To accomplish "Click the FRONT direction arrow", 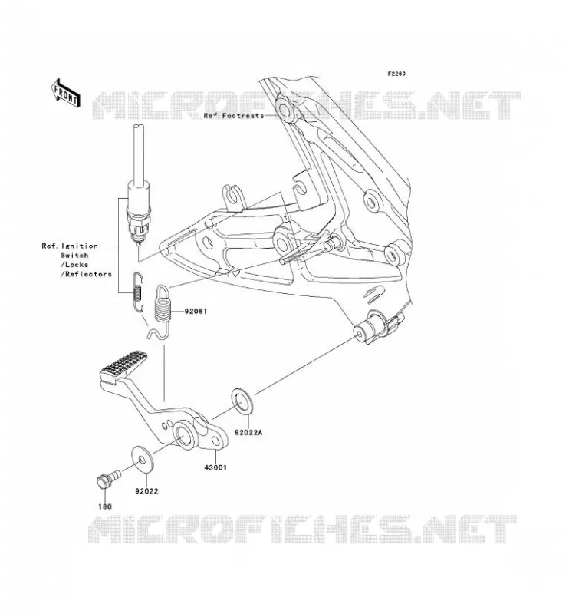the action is (65, 94).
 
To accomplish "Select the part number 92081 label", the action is (196, 312).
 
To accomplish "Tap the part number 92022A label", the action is (249, 433).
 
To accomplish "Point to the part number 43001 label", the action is (215, 467).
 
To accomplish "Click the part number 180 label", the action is (105, 507).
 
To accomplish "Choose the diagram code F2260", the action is (396, 74).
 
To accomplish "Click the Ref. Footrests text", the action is (234, 116).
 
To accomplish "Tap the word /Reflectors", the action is (86, 274).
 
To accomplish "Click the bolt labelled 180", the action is (108, 479).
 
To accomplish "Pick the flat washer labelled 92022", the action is (143, 458).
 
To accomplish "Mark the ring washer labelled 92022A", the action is (243, 401).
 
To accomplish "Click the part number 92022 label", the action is (146, 491).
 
